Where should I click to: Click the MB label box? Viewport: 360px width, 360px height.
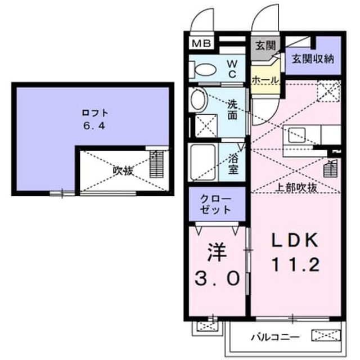[x=201, y=43]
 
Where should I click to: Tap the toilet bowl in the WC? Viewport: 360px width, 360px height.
[x=205, y=70]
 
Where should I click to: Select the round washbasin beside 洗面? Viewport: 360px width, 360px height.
[x=199, y=100]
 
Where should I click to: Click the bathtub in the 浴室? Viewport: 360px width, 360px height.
[x=202, y=162]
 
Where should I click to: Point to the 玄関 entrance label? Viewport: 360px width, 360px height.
[x=265, y=45]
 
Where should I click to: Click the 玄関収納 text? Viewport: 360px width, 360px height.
[x=313, y=59]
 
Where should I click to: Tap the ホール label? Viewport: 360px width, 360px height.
[x=265, y=80]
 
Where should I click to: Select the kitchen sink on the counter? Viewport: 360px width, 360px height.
[x=297, y=135]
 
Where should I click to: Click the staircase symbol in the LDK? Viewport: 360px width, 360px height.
[x=331, y=169]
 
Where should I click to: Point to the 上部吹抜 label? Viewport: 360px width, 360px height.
[x=296, y=188]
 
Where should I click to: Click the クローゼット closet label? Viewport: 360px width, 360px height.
[x=215, y=204]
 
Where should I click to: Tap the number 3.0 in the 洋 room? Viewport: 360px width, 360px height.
[x=217, y=278]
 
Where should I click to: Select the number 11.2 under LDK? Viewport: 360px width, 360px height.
[x=296, y=264]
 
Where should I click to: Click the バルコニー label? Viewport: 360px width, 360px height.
[x=275, y=337]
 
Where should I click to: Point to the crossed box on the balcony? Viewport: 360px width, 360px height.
[x=326, y=335]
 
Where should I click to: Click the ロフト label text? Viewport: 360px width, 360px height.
[x=95, y=113]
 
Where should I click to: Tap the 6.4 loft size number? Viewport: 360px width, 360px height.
[x=94, y=125]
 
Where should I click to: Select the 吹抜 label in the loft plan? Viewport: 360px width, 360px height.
[x=123, y=170]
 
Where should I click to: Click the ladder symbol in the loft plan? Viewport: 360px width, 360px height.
[x=156, y=164]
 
